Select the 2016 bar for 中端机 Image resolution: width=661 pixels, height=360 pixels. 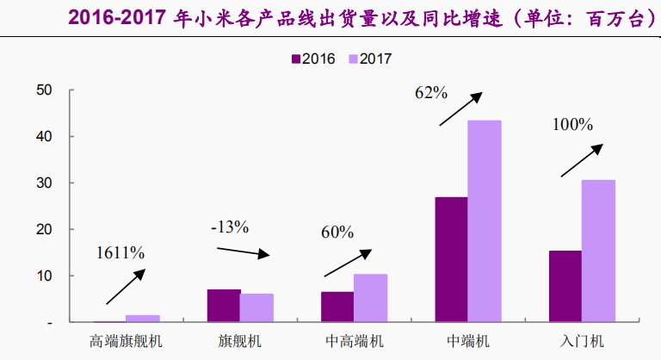[451, 259]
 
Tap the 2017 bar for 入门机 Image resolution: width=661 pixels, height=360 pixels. [598, 251]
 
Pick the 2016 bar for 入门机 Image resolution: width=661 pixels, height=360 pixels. [565, 286]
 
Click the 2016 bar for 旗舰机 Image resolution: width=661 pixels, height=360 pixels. [224, 306]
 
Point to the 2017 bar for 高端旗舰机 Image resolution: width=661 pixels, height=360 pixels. [143, 318]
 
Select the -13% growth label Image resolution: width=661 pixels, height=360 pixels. [229, 227]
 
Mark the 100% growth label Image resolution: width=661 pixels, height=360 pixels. [572, 125]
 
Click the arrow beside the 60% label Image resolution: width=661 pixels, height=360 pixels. [348, 264]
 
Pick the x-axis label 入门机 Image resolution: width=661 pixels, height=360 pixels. [581, 341]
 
